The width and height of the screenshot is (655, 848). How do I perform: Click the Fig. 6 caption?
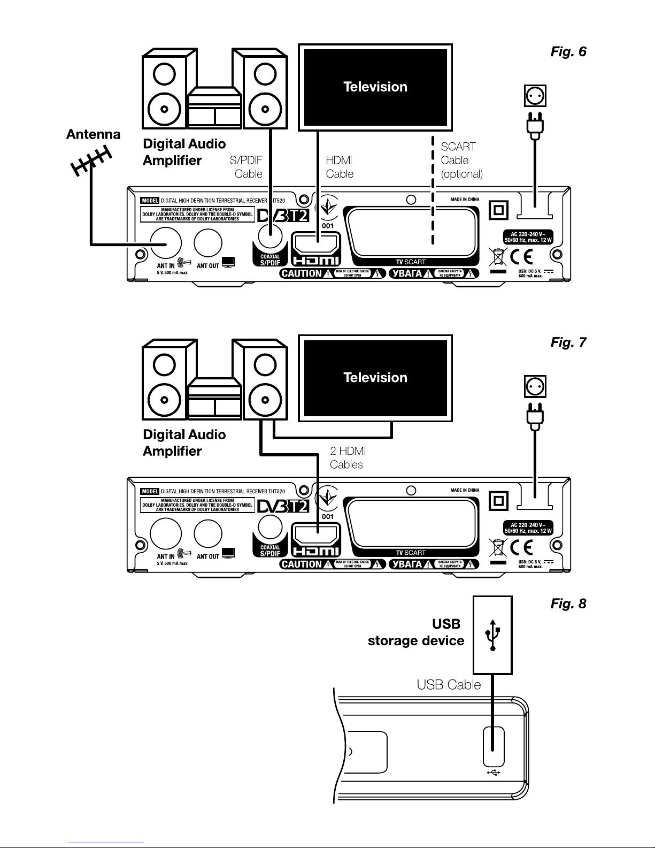click(x=568, y=52)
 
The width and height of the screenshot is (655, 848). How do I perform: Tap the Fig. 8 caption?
click(x=568, y=603)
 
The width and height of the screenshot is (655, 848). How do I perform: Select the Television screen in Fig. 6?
click(x=375, y=87)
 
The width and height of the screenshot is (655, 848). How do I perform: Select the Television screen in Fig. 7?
click(x=375, y=378)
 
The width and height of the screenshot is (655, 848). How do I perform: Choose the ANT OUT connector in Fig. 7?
click(x=208, y=533)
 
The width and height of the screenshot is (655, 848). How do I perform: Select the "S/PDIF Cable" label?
click(x=246, y=167)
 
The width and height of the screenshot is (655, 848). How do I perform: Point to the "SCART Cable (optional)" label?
click(x=461, y=161)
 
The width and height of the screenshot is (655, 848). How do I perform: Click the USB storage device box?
click(x=492, y=635)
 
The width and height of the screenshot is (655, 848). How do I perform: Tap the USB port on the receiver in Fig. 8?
click(x=494, y=746)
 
